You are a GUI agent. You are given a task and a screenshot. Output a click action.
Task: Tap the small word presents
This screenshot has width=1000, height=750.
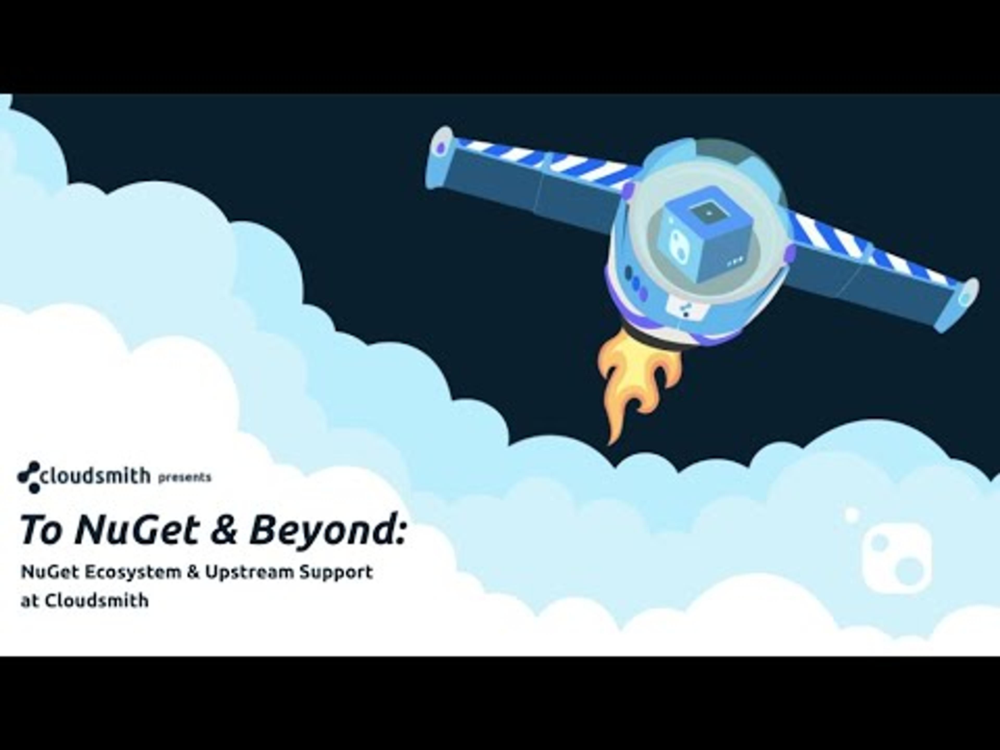pos(184,477)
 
